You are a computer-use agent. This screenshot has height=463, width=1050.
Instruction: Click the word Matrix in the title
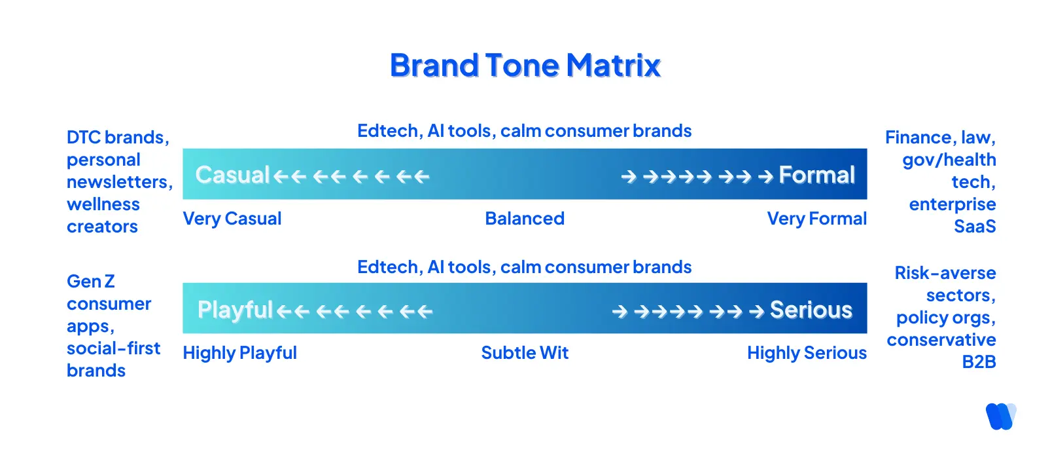pos(613,65)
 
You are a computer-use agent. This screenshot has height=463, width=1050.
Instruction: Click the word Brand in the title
pos(434,65)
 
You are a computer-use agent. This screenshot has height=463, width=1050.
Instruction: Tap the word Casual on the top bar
pos(232,175)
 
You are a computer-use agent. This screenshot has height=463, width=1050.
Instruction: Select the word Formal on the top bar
pos(816,175)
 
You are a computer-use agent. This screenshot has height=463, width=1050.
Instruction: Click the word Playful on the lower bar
pos(235,310)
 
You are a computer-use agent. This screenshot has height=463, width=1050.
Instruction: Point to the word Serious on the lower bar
pos(811,310)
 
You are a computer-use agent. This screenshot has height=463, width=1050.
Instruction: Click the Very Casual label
pos(232,219)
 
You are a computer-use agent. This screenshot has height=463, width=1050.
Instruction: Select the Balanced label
pos(525,219)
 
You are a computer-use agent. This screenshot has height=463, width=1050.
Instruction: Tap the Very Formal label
pos(816,219)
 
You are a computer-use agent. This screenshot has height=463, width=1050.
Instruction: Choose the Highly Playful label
pos(239,353)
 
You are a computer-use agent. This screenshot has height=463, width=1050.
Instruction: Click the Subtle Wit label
pos(525,353)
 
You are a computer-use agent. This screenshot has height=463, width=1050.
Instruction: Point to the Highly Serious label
pos(807,353)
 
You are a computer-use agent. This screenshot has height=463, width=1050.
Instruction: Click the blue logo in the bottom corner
pos(1000,417)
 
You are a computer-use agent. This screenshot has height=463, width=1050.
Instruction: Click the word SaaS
pos(975,227)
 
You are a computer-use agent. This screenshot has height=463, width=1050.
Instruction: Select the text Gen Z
pos(91,282)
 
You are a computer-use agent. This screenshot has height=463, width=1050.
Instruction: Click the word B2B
pos(979,362)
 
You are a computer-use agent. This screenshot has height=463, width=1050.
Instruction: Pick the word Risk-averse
pos(945,273)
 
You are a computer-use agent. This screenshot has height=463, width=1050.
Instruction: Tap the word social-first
pos(113,348)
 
